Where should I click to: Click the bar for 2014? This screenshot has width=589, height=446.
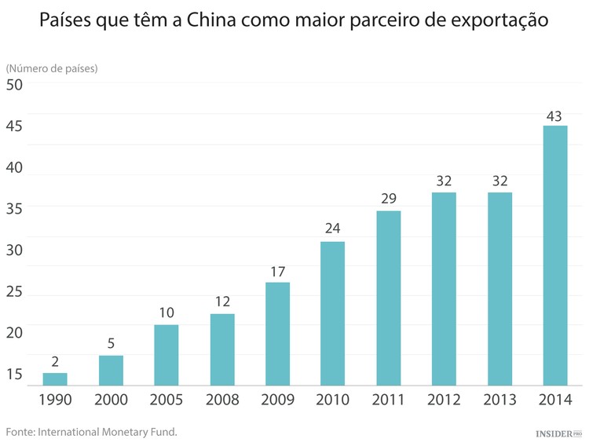tap(555, 255)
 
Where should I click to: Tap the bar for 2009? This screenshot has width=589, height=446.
tap(277, 334)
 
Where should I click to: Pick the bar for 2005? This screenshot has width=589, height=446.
tap(166, 355)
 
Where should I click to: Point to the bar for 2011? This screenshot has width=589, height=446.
tap(388, 298)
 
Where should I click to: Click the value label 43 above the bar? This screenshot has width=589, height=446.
tap(554, 115)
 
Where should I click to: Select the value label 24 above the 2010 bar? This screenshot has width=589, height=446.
tap(332, 230)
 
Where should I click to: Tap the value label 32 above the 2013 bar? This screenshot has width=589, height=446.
tap(499, 181)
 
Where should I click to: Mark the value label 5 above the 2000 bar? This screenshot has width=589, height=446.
tap(111, 344)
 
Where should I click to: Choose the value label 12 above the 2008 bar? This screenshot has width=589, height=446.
tap(221, 302)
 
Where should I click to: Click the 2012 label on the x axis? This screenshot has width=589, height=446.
tap(444, 400)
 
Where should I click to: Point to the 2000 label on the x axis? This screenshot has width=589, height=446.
tap(111, 400)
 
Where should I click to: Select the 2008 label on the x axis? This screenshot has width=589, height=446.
tap(221, 400)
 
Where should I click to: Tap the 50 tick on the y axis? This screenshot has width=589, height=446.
tap(15, 85)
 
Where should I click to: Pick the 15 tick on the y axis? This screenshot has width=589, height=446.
tap(15, 374)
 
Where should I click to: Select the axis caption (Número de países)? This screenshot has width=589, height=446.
tap(52, 68)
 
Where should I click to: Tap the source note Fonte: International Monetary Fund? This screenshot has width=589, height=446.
tap(92, 431)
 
